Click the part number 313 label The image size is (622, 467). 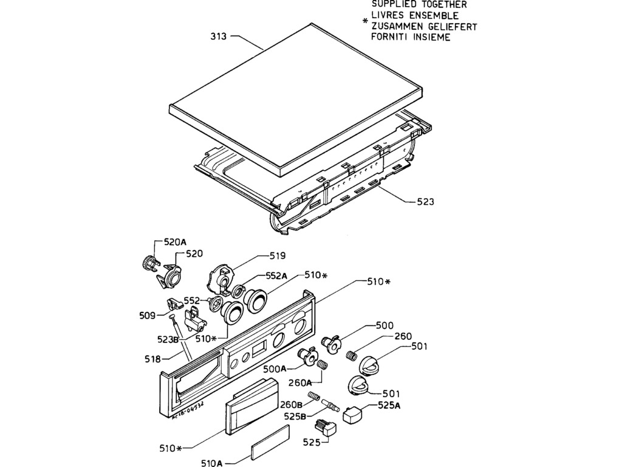(219, 36)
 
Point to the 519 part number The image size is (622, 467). (278, 255)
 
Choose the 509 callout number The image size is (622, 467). (147, 316)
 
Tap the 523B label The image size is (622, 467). (168, 339)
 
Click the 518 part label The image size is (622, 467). (153, 359)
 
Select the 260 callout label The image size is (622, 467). (403, 336)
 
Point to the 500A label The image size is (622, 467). (275, 368)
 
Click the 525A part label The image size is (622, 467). (389, 406)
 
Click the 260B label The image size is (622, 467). (292, 405)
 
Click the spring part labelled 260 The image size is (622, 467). (350, 355)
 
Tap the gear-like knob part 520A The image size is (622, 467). (146, 263)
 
